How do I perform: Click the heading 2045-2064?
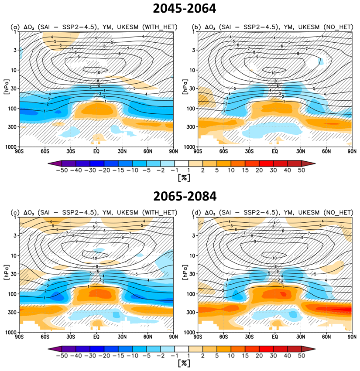[x=185, y=9]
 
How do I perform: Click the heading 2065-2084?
[x=185, y=196]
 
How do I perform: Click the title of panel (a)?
[x=94, y=27]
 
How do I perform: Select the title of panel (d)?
[x=272, y=212]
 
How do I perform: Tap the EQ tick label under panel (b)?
[x=275, y=151]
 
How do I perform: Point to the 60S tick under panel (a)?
[x=45, y=151]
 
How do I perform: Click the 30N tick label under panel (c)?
[x=122, y=337]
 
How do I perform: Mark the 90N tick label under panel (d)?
[x=352, y=337]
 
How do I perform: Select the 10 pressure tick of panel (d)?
[x=192, y=255]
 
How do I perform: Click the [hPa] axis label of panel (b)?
[x=185, y=87]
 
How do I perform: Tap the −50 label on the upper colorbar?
[x=62, y=170]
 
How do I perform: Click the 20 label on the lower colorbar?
[x=259, y=356]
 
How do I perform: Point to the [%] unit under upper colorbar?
[x=184, y=178]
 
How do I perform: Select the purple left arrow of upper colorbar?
[x=55, y=163]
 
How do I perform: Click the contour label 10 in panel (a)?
[x=98, y=73]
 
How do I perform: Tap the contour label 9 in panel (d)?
[x=255, y=242]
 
